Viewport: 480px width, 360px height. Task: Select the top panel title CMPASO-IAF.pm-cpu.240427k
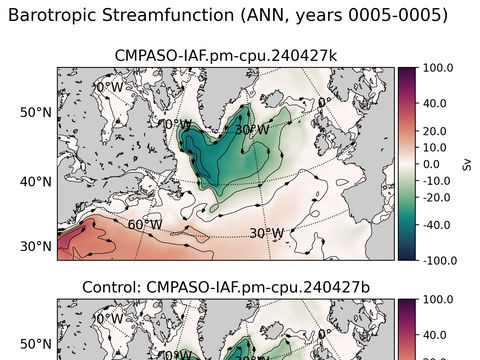tap(226, 54)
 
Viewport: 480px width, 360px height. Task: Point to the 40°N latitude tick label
tap(36, 181)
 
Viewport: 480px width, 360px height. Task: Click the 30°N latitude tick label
tap(36, 246)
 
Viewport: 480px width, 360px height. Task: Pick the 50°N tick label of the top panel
tap(36, 112)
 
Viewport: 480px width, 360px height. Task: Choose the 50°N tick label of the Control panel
tap(36, 343)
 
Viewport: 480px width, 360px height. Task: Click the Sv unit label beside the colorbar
tap(466, 164)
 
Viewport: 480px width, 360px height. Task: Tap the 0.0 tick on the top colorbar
tap(436, 164)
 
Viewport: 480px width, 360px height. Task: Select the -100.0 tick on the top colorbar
tap(438, 260)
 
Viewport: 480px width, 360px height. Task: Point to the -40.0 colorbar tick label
tap(438, 225)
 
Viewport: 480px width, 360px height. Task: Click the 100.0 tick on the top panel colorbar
tap(438, 68)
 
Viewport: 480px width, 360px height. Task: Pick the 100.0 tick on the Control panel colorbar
tap(438, 300)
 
